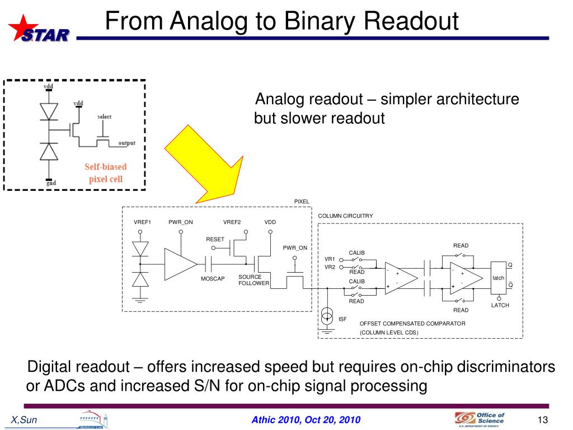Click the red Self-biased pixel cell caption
click(106, 173)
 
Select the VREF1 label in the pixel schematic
click(143, 222)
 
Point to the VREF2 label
click(232, 222)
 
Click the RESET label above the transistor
click(215, 240)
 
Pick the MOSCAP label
click(213, 279)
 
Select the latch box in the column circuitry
click(498, 278)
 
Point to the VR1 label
click(330, 259)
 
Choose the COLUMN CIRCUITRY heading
click(345, 216)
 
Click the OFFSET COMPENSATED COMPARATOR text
click(412, 324)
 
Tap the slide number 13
click(541, 420)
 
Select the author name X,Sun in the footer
click(25, 420)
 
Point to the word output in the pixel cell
click(126, 143)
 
